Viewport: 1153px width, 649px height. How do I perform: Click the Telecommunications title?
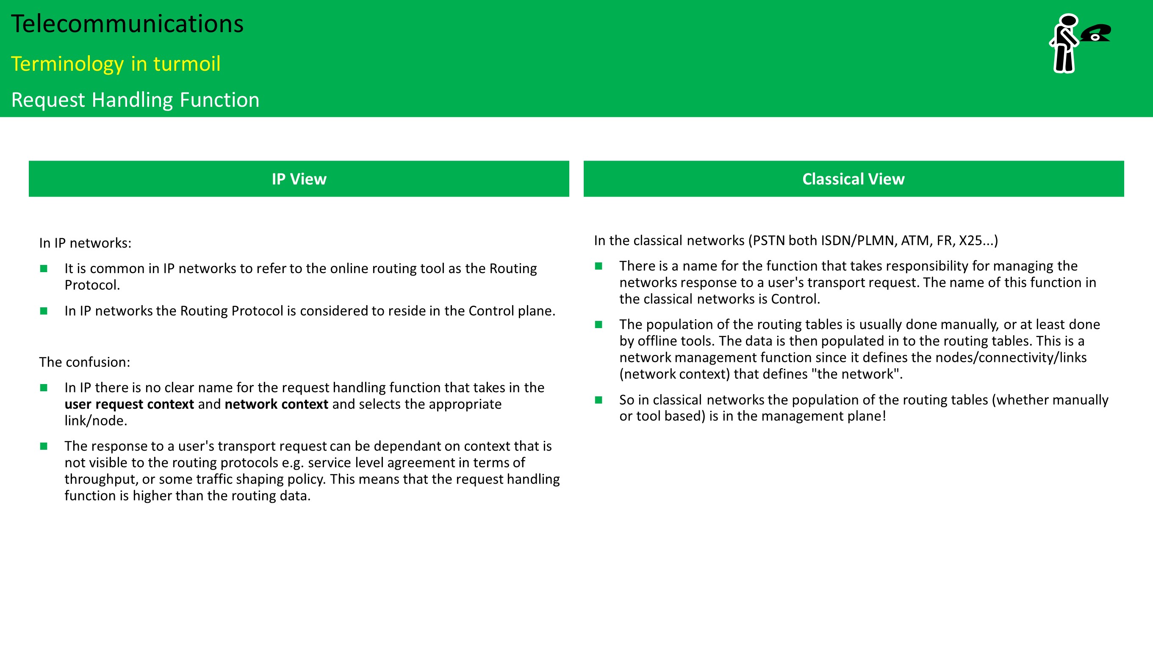[127, 24]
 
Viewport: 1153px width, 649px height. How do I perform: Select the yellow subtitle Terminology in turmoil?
[116, 64]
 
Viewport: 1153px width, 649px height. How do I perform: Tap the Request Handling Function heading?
[135, 100]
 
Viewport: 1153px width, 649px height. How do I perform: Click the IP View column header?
[299, 179]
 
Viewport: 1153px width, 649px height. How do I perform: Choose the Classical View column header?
[853, 179]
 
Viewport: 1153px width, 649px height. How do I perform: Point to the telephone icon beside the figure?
[1096, 33]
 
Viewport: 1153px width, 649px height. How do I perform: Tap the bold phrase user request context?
[129, 404]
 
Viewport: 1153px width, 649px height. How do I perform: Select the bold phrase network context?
[276, 404]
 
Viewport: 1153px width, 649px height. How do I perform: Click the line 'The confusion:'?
[85, 362]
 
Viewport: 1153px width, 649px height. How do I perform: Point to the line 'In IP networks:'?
[85, 243]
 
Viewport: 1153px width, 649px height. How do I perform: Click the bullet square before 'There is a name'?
[599, 266]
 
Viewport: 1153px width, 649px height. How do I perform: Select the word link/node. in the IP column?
[96, 421]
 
